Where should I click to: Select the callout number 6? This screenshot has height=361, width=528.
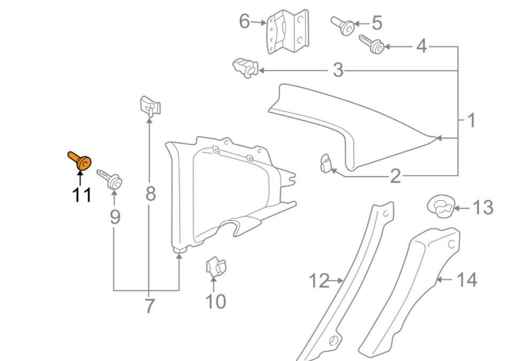click(244, 22)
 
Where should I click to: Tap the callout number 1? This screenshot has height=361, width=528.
click(471, 120)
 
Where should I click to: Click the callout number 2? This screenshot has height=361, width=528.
click(395, 176)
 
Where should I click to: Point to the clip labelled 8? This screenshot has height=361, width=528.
click(150, 106)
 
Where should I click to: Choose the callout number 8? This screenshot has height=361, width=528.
click(151, 193)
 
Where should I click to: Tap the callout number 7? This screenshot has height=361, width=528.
click(150, 306)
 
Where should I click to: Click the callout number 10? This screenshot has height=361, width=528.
click(215, 302)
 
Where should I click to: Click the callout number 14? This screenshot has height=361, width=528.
click(465, 279)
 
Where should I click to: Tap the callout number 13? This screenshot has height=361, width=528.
click(483, 207)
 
